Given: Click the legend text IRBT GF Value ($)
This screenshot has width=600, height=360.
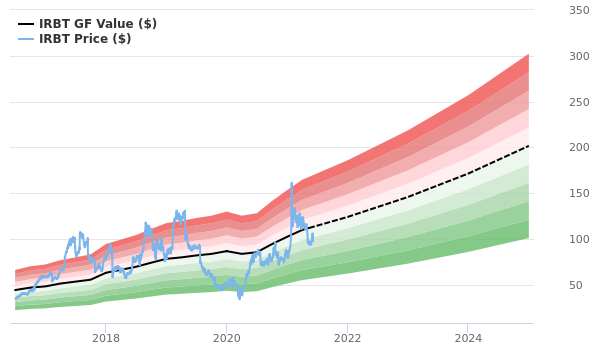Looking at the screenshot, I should tap(98, 24).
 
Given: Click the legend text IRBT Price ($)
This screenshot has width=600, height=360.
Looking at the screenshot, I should tap(85, 39).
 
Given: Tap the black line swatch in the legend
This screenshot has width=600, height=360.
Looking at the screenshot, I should tap(26, 24).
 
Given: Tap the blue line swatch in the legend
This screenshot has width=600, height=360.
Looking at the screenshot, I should tap(26, 39).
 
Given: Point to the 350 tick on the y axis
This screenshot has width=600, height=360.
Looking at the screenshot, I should tap(579, 10).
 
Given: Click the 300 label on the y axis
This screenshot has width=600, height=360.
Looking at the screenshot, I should tap(579, 56).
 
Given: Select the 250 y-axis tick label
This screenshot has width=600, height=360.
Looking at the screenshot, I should tap(579, 102).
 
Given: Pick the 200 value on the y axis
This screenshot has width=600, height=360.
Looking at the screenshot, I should tap(579, 148).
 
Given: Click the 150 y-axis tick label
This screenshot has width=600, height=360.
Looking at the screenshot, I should tap(579, 194).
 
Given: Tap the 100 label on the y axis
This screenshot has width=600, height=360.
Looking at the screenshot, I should tap(579, 240).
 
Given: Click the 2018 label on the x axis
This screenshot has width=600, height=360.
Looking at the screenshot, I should tap(106, 338).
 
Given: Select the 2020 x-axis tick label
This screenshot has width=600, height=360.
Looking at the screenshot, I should tap(226, 338).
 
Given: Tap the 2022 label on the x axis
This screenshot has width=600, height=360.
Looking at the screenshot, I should tap(347, 338).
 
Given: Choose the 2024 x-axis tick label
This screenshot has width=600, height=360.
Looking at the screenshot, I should tap(467, 338).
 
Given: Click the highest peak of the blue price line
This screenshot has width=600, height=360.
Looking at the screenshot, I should tap(292, 183).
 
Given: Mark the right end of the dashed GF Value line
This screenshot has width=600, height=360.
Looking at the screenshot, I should tap(529, 146).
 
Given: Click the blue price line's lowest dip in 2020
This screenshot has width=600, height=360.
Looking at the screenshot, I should tap(240, 298).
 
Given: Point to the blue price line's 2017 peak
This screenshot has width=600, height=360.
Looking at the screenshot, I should tap(80, 233).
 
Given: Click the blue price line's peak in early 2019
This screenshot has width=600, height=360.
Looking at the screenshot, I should tap(177, 211).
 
